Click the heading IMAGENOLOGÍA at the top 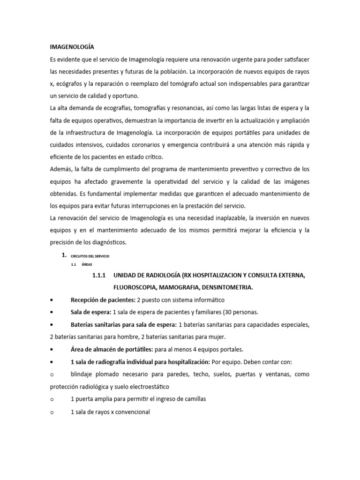[72, 47]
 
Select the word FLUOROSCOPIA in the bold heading [137, 288]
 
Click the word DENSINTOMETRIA [226, 288]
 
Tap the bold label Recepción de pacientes [100, 300]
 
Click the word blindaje [84, 375]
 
